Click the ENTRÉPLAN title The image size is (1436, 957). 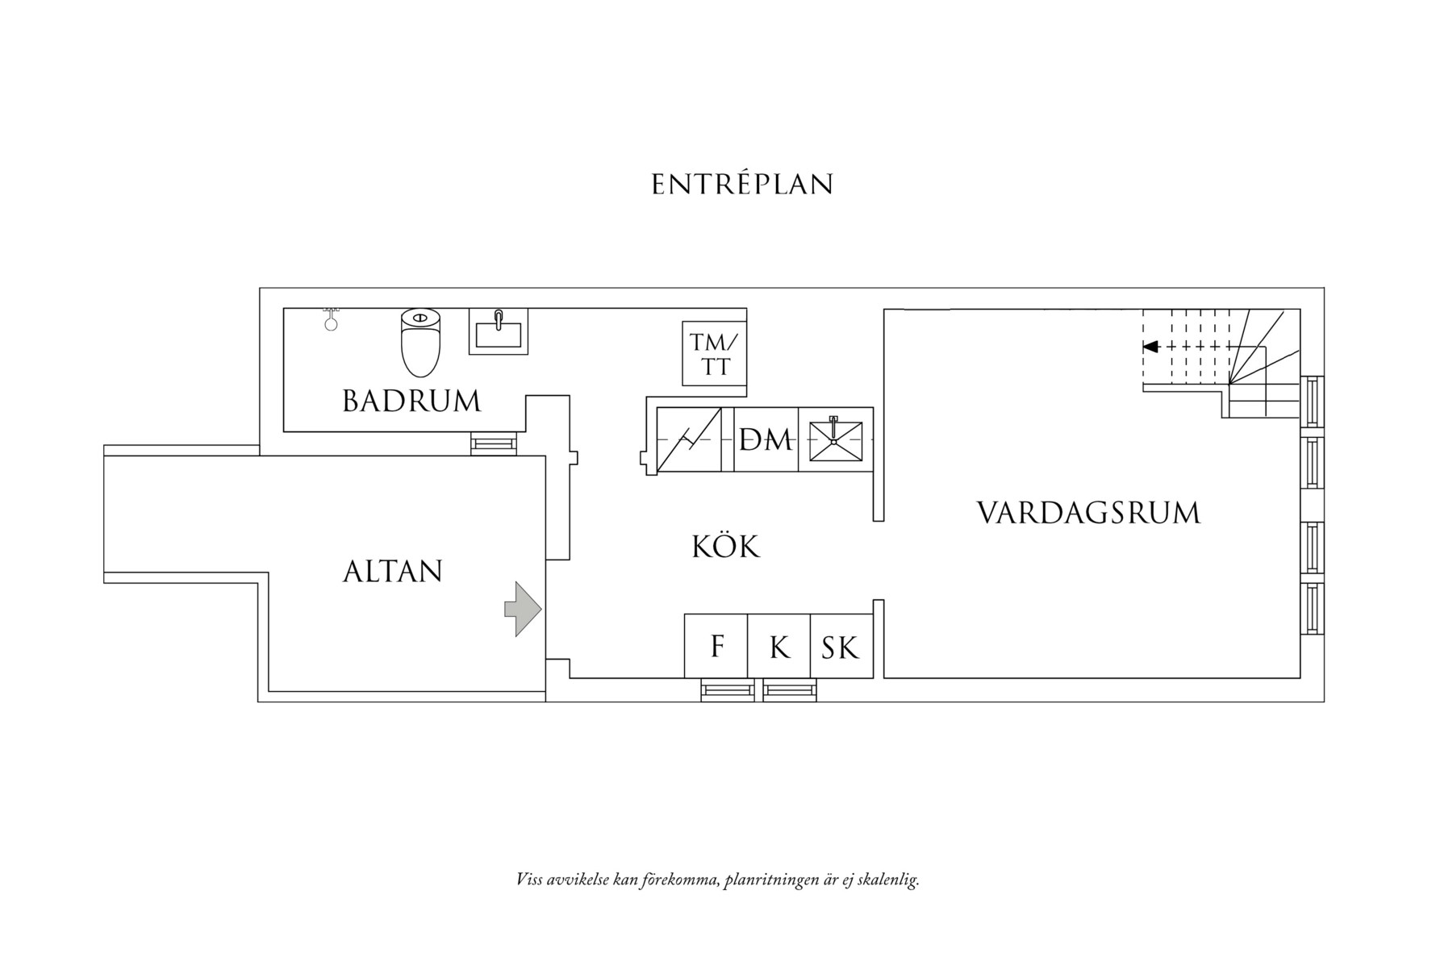[x=741, y=185]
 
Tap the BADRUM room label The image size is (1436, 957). [x=411, y=401]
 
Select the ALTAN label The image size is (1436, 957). [x=393, y=572]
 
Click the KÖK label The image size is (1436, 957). [x=725, y=547]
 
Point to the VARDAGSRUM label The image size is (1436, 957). [x=1088, y=513]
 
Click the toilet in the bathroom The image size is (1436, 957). [x=420, y=342]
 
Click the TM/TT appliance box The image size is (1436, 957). [x=714, y=354]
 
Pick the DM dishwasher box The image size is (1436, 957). [x=766, y=440]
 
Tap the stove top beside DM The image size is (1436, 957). [x=695, y=440]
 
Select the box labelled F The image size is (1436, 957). [x=716, y=647]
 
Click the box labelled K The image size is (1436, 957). [x=779, y=647]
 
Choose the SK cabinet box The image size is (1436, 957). [x=841, y=647]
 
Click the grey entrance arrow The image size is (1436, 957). [x=523, y=609]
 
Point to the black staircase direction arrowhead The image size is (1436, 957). [x=1151, y=347]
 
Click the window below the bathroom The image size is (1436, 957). [x=493, y=443]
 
